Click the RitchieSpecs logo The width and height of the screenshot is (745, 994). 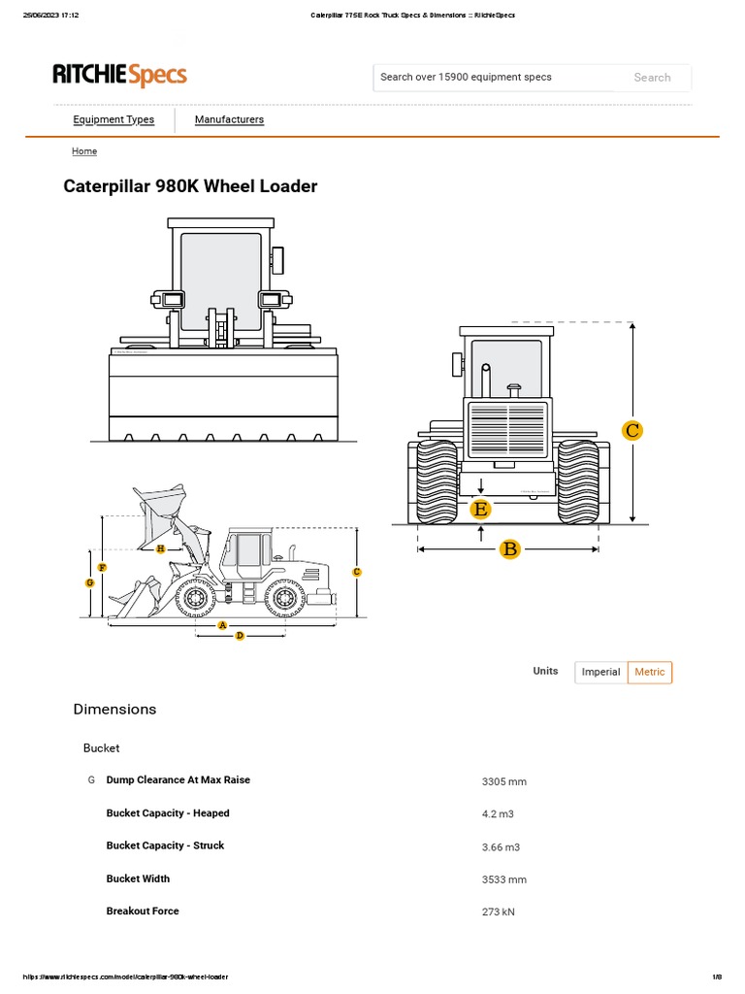pos(119,75)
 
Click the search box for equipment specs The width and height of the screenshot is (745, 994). pos(493,78)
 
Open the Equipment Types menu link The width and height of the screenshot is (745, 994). pos(113,119)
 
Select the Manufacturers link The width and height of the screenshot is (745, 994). pos(229,119)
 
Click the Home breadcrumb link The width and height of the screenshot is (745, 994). pos(84,151)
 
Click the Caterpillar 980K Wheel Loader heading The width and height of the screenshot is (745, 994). pos(190,186)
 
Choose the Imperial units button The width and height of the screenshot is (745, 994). pos(600,672)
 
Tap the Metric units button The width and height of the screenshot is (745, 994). pos(650,672)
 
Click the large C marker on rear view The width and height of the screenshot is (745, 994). pos(632,430)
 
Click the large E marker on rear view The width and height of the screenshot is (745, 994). pos(480,509)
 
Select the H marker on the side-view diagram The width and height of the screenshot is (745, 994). pos(161,549)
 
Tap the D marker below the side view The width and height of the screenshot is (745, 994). pos(240,635)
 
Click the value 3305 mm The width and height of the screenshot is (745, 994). pos(503,781)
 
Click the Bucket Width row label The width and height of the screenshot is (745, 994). pos(138,878)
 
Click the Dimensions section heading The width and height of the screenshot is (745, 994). pos(114,710)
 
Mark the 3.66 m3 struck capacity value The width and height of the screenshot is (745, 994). pos(501,846)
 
